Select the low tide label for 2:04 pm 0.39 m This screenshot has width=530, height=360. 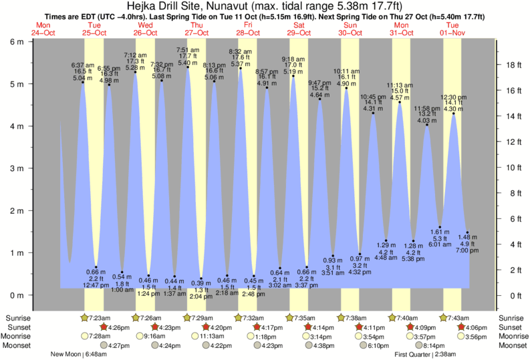[x=201, y=290]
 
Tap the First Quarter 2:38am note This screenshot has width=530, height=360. [x=425, y=355]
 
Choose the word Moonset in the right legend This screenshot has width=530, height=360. [x=513, y=346]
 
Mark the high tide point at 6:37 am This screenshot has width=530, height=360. [x=83, y=82]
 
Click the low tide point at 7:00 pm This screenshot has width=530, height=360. [x=467, y=232]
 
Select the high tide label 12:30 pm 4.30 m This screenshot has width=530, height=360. [x=453, y=103]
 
